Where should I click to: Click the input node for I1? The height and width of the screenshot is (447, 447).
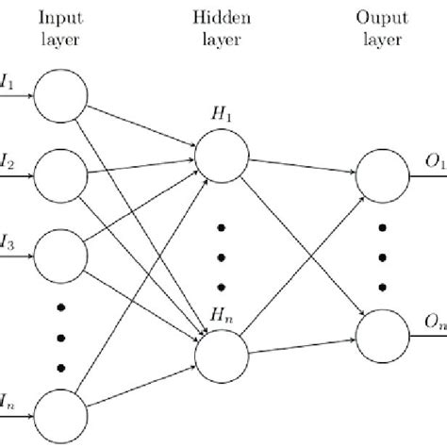coord(60,96)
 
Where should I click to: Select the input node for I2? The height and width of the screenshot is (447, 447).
coord(60,174)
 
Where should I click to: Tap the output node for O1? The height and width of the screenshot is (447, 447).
coord(383,174)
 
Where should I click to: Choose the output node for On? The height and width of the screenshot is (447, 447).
coord(383,335)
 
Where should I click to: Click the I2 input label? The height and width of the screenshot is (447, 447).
coord(8,162)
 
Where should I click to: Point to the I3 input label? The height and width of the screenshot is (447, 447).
coord(8,242)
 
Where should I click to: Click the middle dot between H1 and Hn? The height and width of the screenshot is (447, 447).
coord(223,255)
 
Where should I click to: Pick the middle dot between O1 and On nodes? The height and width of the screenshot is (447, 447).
coord(383,255)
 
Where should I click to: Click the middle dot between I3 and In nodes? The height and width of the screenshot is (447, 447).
coord(60,336)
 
